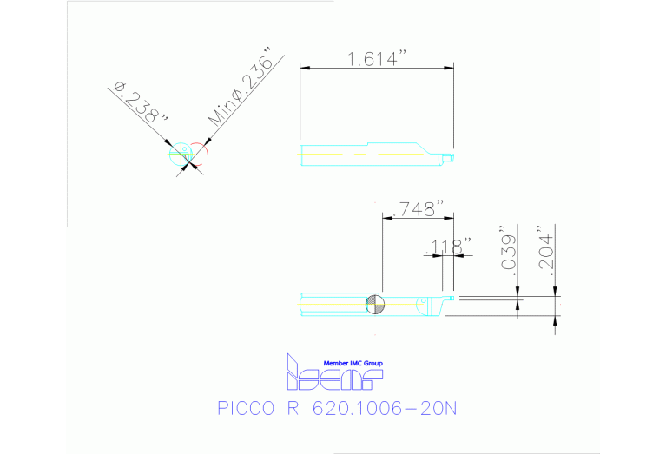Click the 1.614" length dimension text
[377, 59]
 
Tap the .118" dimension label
[448, 247]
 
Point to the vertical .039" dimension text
[510, 252]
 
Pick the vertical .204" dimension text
[544, 251]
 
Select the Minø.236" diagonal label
[241, 90]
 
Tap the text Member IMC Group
[353, 363]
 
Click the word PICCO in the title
[245, 408]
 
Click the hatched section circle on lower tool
[376, 304]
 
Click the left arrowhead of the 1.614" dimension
[304, 69]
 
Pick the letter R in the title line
[291, 408]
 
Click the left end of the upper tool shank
[300, 155]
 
